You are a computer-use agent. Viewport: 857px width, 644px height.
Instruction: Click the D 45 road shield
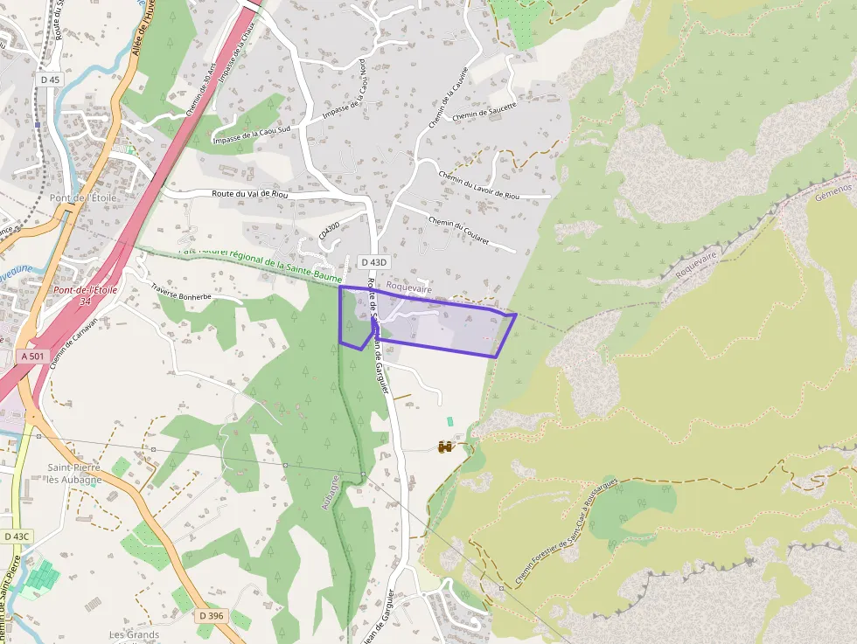click(x=50, y=80)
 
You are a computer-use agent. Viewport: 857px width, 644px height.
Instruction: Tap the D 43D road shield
click(x=373, y=261)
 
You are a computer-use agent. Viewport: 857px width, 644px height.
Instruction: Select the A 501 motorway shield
click(x=31, y=357)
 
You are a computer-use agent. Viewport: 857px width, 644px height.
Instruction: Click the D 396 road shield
click(x=211, y=615)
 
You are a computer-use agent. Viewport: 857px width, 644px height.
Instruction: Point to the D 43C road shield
click(x=16, y=536)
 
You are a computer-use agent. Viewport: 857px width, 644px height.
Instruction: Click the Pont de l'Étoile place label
click(x=84, y=197)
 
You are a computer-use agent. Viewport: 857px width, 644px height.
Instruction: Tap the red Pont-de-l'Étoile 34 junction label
click(x=85, y=294)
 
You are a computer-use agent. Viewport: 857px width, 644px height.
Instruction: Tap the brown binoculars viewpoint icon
click(x=445, y=447)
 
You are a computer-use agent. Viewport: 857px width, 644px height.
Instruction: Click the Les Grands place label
click(x=134, y=634)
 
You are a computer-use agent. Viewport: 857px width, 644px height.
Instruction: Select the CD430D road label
click(x=328, y=232)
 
